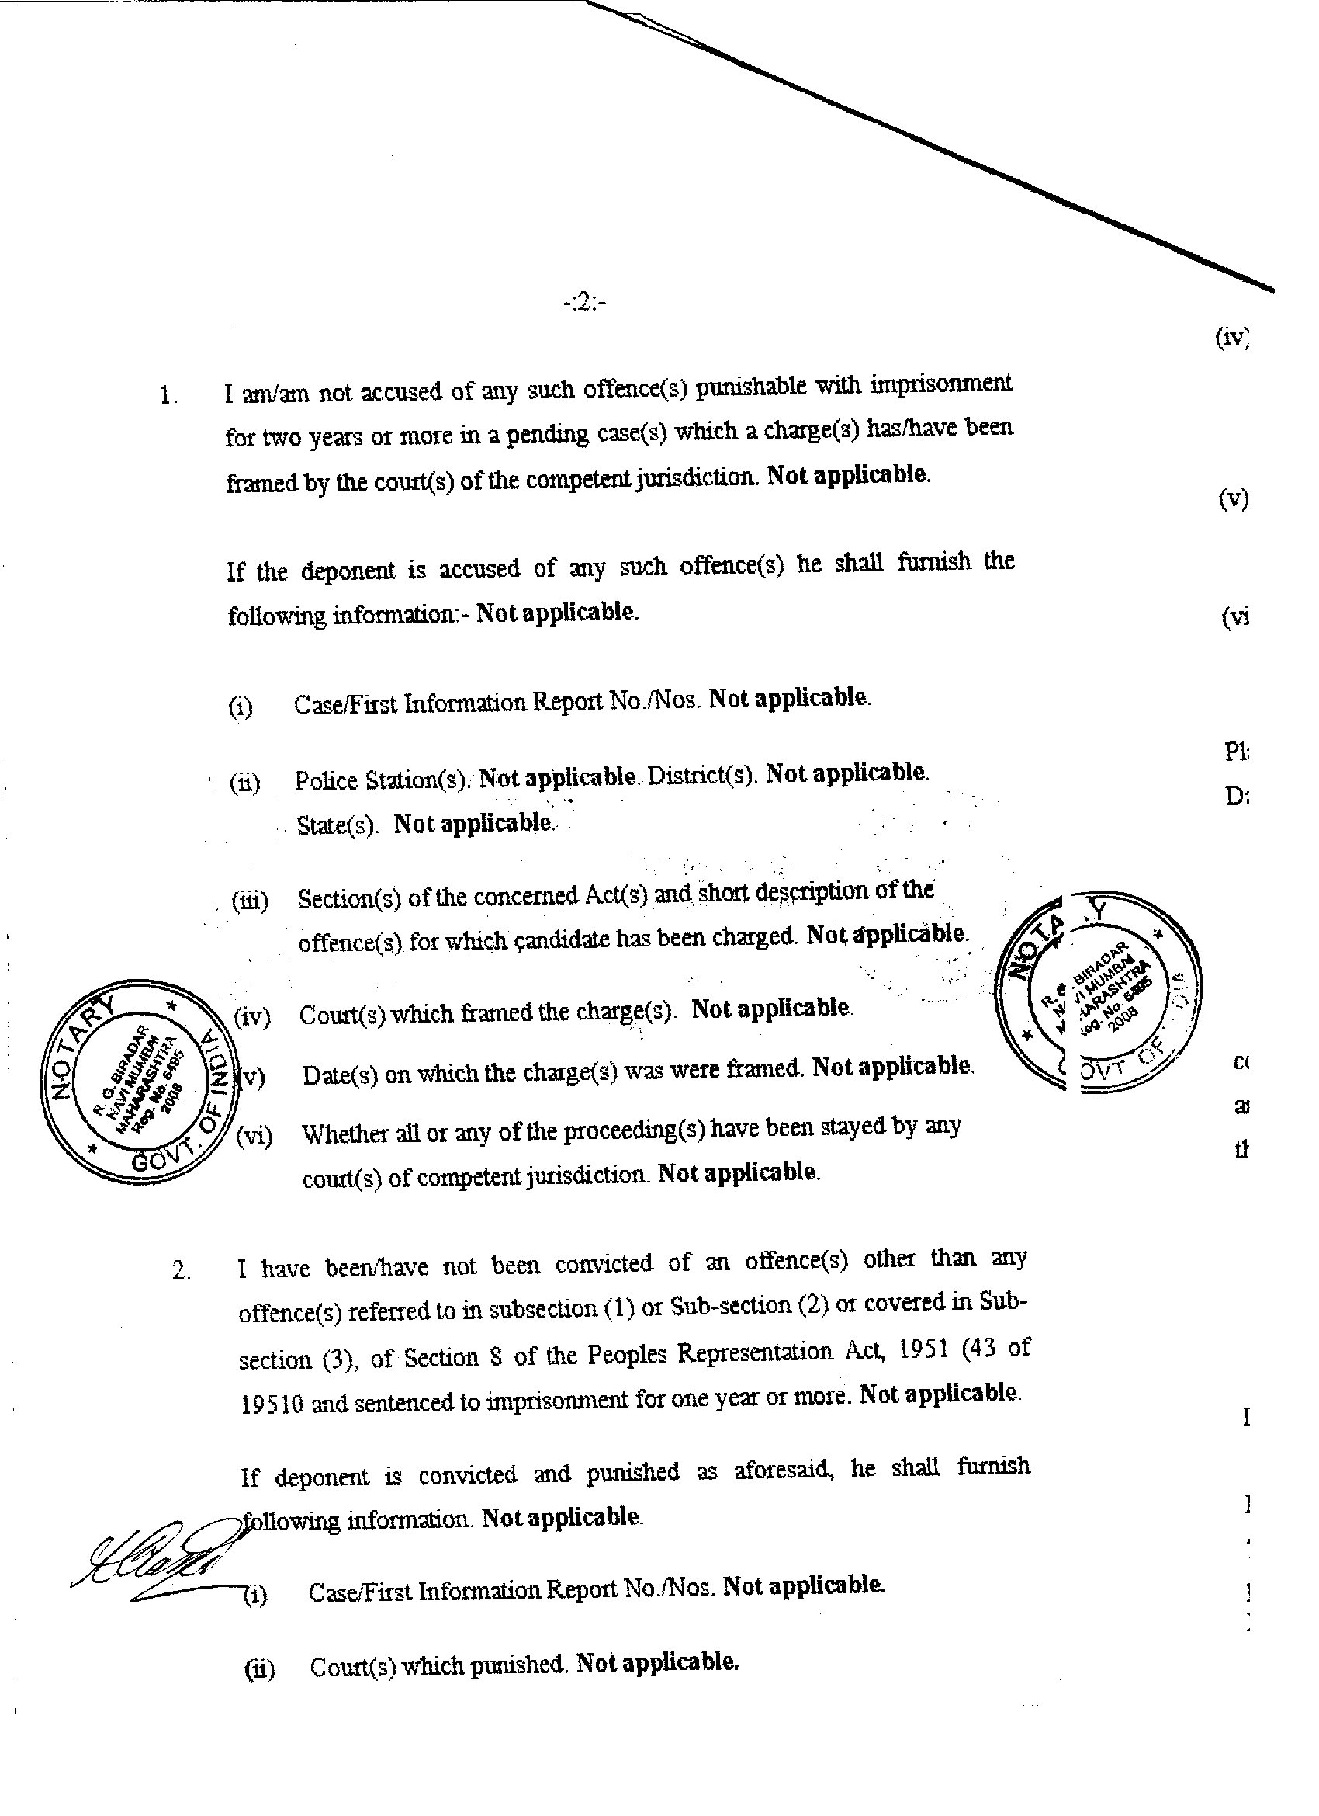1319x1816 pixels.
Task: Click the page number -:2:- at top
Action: pyautogui.click(x=584, y=303)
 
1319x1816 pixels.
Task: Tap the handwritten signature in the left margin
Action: pyautogui.click(x=157, y=1557)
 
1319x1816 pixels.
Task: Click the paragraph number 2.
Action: pyautogui.click(x=181, y=1270)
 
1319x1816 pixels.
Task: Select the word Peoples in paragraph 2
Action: pyautogui.click(x=627, y=1355)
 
